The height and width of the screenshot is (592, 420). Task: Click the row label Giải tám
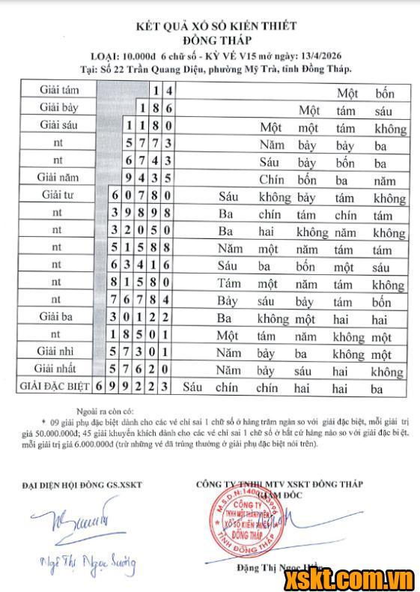click(58, 91)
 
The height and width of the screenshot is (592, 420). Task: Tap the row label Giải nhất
click(58, 369)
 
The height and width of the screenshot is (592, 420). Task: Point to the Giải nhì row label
click(58, 351)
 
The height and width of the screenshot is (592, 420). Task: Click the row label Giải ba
click(58, 316)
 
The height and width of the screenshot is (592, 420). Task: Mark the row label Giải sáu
click(58, 124)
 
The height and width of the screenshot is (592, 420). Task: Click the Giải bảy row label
click(58, 108)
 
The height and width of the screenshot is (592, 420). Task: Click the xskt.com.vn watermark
click(360, 577)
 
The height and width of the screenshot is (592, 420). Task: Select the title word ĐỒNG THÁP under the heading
click(216, 39)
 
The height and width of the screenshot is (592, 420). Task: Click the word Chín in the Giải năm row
click(273, 180)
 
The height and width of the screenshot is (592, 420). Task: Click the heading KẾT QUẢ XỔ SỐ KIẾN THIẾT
click(216, 25)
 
